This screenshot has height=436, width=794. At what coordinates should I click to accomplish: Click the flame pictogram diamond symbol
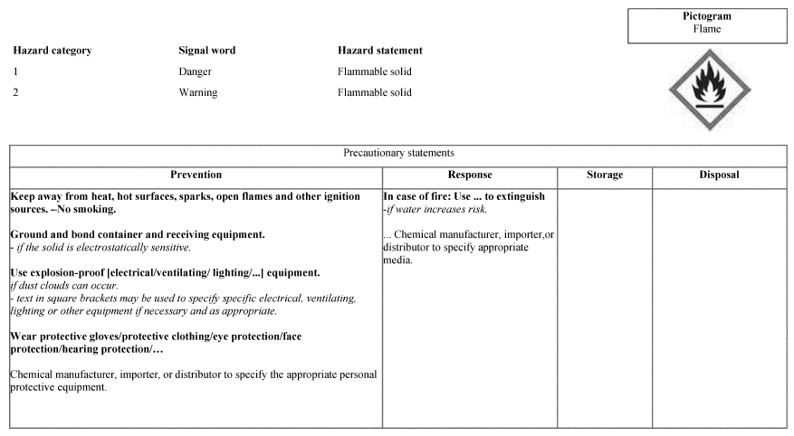click(x=709, y=90)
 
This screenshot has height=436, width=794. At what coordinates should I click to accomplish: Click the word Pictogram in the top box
click(x=707, y=16)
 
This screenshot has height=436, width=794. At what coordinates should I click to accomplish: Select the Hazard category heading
click(x=52, y=51)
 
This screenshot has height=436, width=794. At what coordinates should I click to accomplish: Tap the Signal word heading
click(x=206, y=51)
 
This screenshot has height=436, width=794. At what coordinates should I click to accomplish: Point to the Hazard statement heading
click(x=379, y=51)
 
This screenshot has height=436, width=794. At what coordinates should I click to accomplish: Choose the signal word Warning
click(x=198, y=92)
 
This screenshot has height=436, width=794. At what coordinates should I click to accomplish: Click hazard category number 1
click(x=16, y=71)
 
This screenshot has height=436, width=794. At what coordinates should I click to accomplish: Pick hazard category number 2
click(x=16, y=92)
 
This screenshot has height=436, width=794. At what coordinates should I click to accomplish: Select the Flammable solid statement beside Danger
click(x=374, y=71)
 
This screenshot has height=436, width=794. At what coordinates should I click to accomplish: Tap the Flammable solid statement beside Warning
click(x=374, y=92)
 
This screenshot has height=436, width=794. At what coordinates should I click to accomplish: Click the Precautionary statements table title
click(x=398, y=154)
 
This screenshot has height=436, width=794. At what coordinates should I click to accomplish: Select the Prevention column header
click(x=196, y=175)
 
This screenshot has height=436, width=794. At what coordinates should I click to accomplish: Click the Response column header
click(x=470, y=175)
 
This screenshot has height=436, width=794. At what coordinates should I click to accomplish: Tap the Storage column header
click(x=605, y=175)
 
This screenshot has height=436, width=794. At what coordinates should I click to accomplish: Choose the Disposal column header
click(x=719, y=175)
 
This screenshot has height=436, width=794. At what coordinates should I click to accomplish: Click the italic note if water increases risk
click(x=435, y=209)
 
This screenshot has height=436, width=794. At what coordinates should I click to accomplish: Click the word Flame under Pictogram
click(x=707, y=29)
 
